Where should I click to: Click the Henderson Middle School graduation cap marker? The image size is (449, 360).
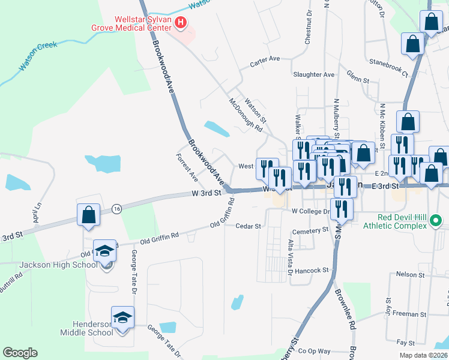(122, 318)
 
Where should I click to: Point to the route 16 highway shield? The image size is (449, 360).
(116, 208)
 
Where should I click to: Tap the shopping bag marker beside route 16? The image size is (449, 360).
(88, 215)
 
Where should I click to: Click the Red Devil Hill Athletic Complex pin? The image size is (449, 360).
(437, 225)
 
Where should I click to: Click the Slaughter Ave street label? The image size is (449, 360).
(313, 74)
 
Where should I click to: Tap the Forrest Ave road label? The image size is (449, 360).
(187, 167)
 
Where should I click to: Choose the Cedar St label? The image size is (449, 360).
(249, 226)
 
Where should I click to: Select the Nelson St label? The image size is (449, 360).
(411, 274)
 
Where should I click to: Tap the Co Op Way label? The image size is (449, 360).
(315, 351)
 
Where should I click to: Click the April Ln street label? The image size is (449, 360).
(37, 213)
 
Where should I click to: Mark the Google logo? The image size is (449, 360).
(20, 353)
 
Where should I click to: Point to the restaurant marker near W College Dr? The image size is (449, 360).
(342, 209)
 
